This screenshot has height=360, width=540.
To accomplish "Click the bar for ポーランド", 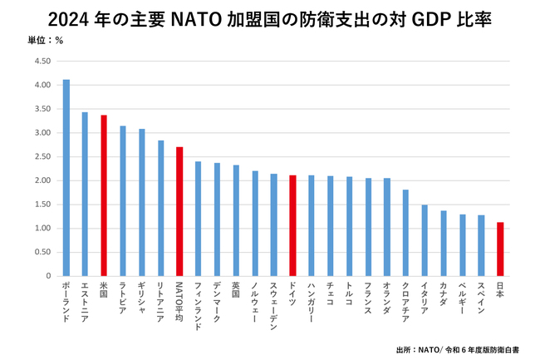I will pyautogui.click(x=66, y=178).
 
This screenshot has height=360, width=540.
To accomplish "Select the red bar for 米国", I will pyautogui.click(x=104, y=195).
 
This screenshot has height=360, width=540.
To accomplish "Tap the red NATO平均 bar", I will pyautogui.click(x=179, y=211).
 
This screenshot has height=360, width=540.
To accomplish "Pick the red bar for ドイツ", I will pyautogui.click(x=292, y=225).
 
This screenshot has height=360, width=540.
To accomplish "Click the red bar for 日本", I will pyautogui.click(x=500, y=249).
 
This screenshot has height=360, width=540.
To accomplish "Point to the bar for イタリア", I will pyautogui.click(x=425, y=240).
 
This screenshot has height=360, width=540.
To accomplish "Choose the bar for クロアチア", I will pyautogui.click(x=405, y=233).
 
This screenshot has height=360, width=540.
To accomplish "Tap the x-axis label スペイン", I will pyautogui.click(x=481, y=298).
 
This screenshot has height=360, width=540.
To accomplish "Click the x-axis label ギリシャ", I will pyautogui.click(x=141, y=298).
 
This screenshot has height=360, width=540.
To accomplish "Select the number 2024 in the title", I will pyautogui.click(x=69, y=18).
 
